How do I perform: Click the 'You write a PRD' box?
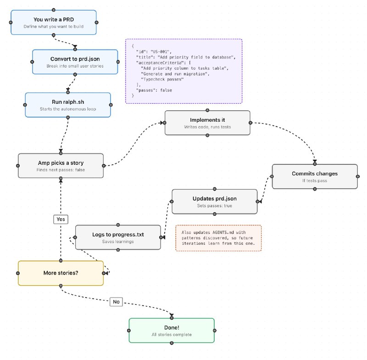coord(54,22)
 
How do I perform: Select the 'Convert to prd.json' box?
coord(75,62)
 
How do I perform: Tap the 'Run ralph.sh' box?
coord(68,105)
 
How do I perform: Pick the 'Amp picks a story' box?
coord(61,166)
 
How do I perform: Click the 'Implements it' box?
coord(207,123)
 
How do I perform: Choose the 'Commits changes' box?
coord(315,177)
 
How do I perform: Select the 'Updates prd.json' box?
coord(215,202)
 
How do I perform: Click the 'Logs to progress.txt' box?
coord(118,237)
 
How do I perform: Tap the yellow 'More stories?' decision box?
coord(61,273)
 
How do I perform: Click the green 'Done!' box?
coord(172,331)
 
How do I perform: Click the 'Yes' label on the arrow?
coord(61,219)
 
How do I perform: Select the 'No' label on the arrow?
coord(117,302)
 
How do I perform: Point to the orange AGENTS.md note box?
coord(218,238)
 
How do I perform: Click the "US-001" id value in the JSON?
coord(161,52)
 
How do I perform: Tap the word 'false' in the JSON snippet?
coord(166,90)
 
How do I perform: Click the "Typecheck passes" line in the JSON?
coord(162,79)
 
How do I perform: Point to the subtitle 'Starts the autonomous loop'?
coord(68,109)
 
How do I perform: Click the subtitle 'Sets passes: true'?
coord(215,206)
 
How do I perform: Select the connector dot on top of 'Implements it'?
coord(207,110)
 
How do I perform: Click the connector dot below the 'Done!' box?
coord(172,343)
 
